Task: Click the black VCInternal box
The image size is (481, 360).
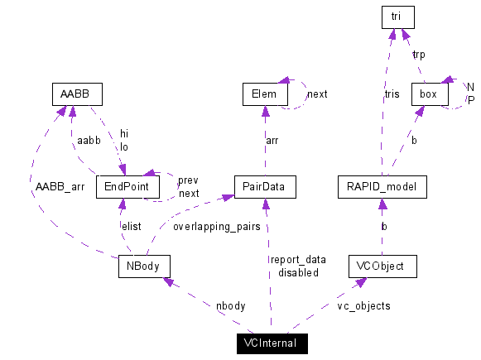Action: [x=270, y=343]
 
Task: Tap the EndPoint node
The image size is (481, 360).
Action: [x=127, y=186]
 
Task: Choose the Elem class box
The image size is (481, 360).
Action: [x=263, y=94]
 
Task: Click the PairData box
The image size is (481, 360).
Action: [x=263, y=186]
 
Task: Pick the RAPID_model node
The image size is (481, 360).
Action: [x=382, y=186]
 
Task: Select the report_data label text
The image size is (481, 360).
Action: [x=297, y=259]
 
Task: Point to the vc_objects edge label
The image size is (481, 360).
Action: [x=363, y=305]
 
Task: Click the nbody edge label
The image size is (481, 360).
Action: [x=230, y=305]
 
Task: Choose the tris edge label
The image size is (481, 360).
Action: [x=392, y=94]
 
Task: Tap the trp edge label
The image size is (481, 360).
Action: [x=419, y=54]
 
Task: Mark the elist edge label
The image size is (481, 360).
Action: [x=131, y=225]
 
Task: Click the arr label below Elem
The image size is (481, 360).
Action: [x=272, y=141]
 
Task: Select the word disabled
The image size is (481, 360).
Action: [x=298, y=272]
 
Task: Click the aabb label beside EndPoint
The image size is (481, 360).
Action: [x=88, y=142]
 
